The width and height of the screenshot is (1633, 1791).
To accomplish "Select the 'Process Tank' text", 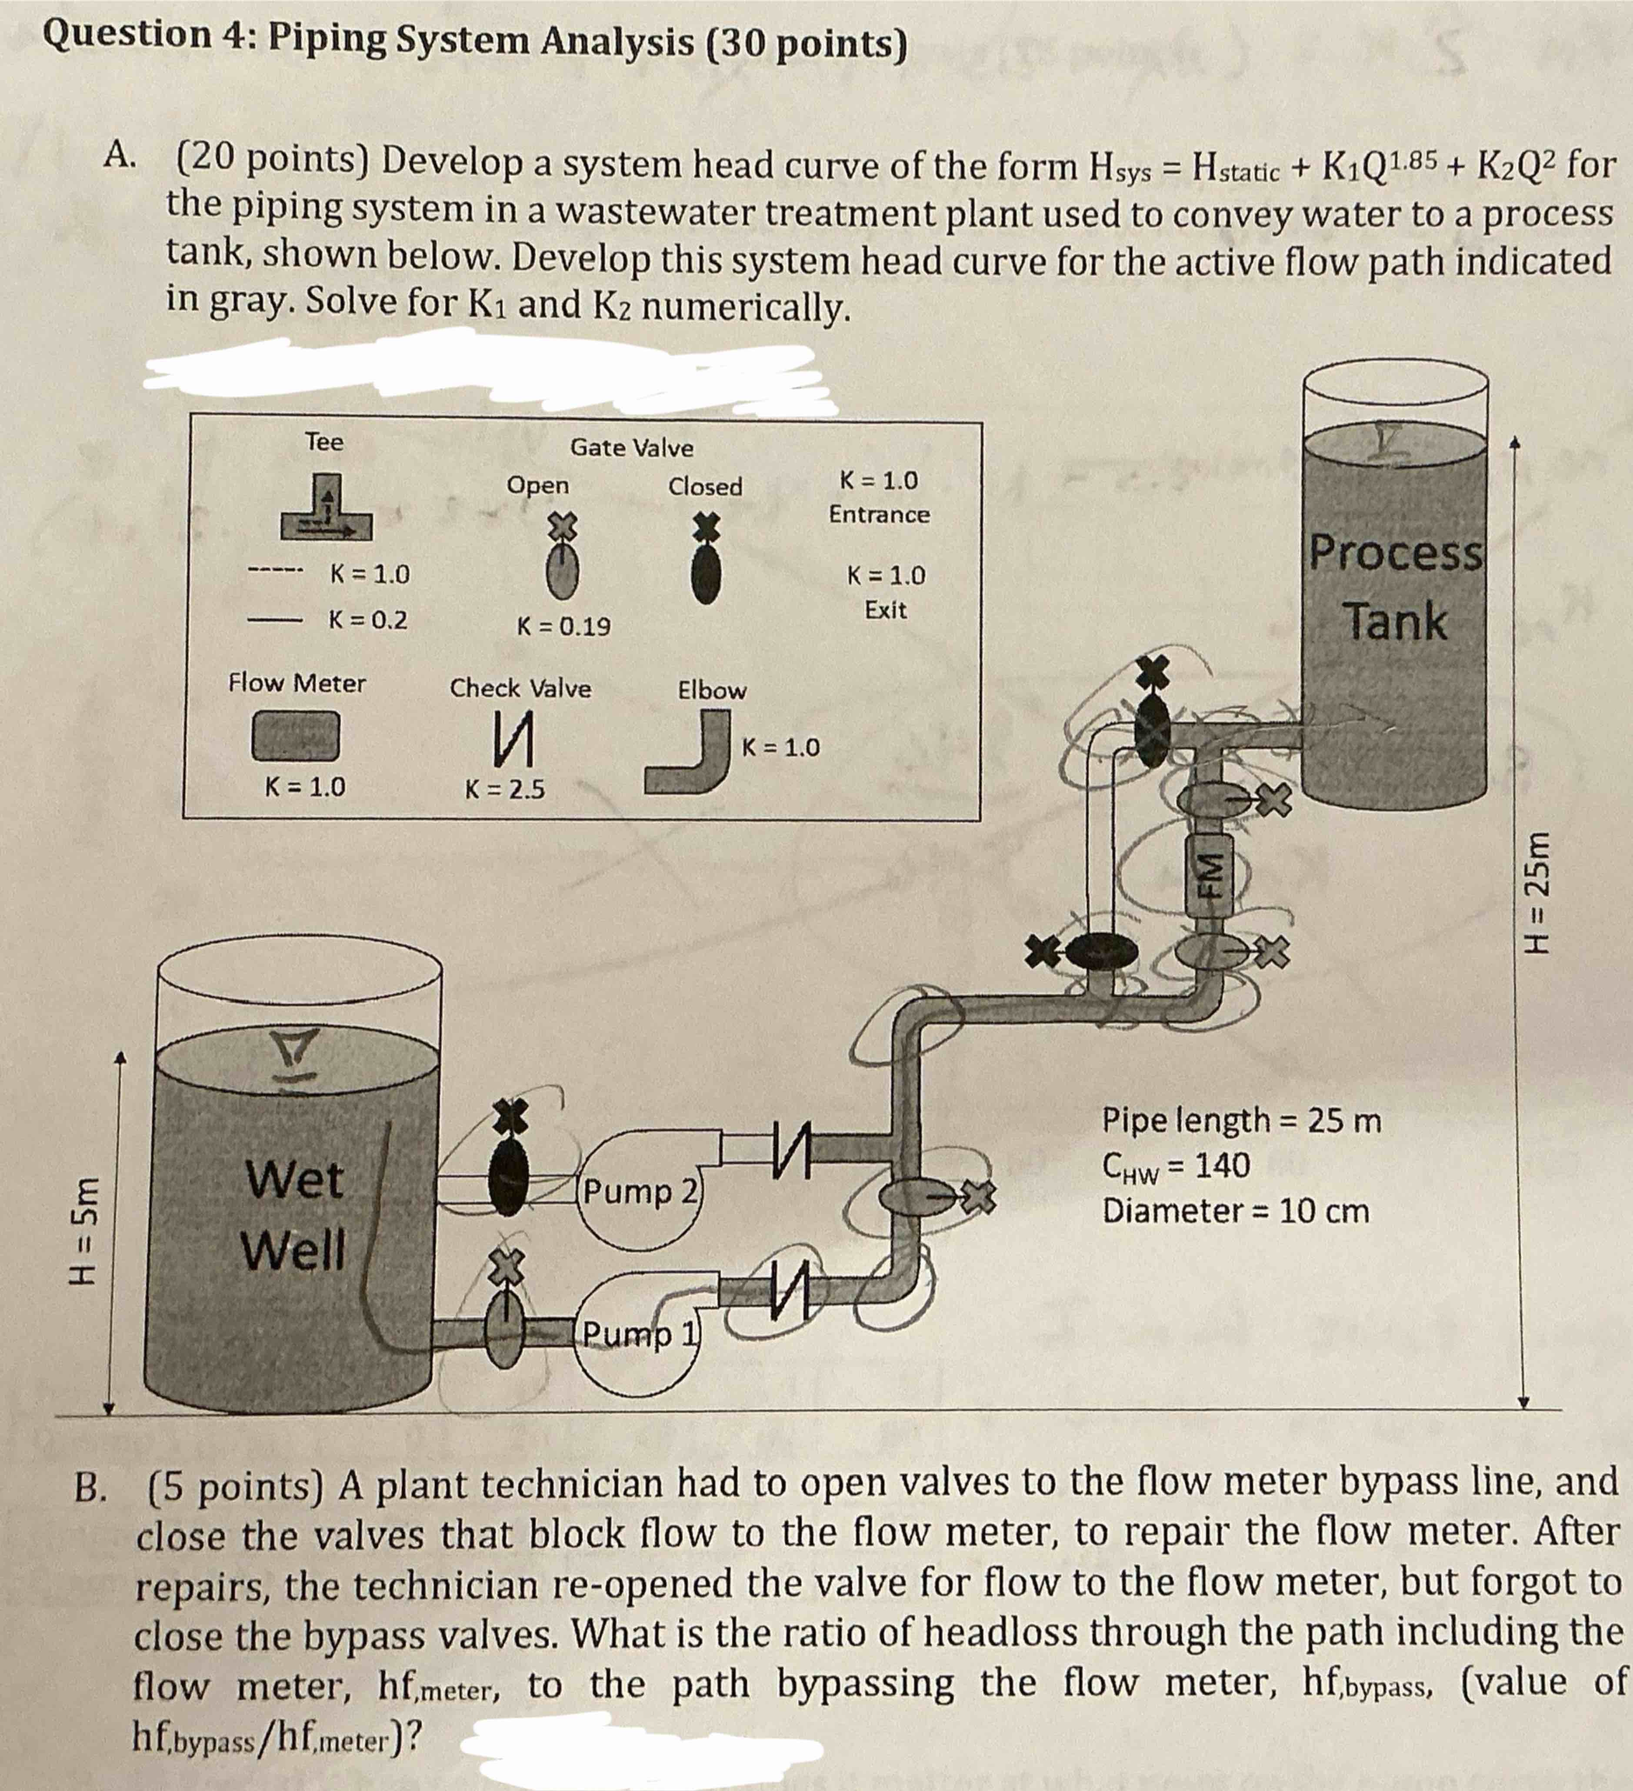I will click(x=1396, y=586).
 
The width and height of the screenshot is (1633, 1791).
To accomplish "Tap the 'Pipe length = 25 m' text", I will click(x=1241, y=1120).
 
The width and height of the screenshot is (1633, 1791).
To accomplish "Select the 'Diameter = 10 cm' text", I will click(x=1235, y=1211).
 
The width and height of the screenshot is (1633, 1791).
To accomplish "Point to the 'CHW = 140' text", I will click(x=1176, y=1166).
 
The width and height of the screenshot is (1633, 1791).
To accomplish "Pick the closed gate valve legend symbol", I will click(x=706, y=561).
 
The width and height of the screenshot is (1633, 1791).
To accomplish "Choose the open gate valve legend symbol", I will click(x=562, y=561).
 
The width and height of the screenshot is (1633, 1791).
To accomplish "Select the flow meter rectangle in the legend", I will click(x=296, y=736).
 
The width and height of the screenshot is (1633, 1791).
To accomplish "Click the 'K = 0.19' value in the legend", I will click(x=564, y=626).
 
